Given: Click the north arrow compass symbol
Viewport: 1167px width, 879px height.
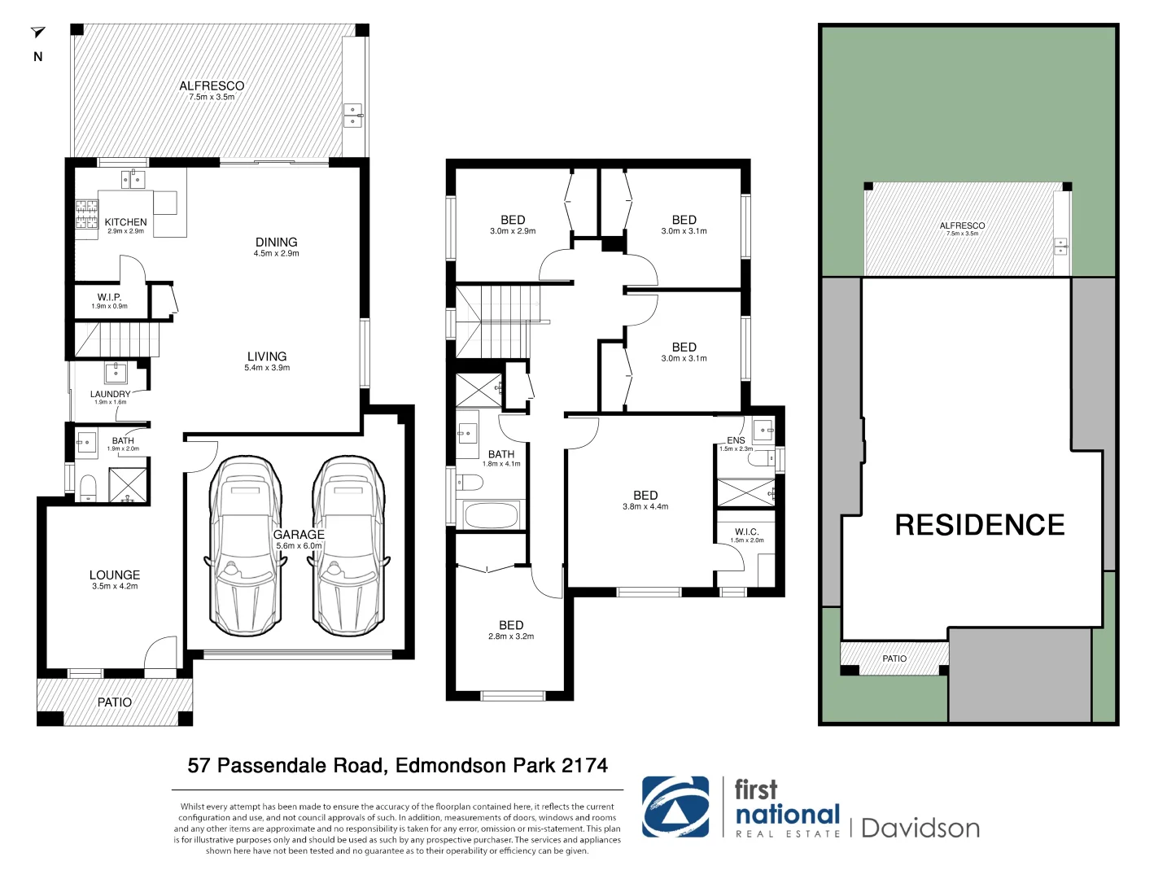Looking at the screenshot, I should tap(37, 33).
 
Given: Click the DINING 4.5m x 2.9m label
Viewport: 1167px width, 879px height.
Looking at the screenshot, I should tap(276, 246).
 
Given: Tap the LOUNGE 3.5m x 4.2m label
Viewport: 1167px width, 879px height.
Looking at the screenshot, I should tap(115, 579).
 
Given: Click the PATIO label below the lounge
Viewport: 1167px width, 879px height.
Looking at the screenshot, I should tap(115, 702).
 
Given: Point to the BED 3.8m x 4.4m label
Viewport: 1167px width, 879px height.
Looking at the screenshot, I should tap(645, 499).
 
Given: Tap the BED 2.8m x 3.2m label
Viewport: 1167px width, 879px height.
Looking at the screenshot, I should tap(511, 629).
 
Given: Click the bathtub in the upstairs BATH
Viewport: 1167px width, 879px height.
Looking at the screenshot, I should tap(490, 516).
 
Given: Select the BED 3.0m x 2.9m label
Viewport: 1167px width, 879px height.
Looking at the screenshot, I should tap(513, 224).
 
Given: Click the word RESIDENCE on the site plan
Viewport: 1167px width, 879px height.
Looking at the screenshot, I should tap(979, 525).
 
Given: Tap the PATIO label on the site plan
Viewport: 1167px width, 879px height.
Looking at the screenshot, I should tap(894, 658).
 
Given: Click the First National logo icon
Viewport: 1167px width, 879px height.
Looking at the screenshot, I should tap(675, 807).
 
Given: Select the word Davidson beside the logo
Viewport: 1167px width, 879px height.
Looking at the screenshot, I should tap(920, 829).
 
